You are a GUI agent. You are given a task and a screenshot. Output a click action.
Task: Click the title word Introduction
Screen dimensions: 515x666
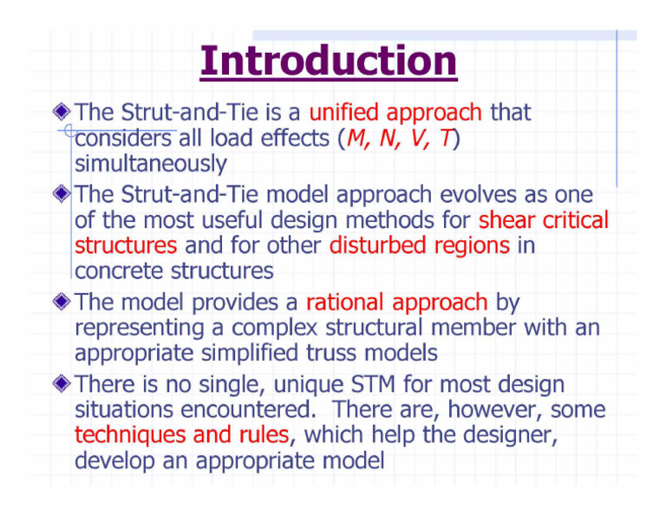click(x=328, y=62)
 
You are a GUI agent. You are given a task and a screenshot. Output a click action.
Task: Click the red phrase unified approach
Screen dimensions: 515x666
click(x=395, y=113)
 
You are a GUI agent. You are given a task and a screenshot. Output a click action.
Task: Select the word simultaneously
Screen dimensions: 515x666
click(x=151, y=164)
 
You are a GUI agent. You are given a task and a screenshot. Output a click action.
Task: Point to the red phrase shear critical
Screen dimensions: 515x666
click(x=544, y=220)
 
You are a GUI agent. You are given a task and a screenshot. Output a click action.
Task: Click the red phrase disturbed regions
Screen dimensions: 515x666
click(x=420, y=245)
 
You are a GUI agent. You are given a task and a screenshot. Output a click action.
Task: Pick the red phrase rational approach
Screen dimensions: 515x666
click(x=396, y=303)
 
